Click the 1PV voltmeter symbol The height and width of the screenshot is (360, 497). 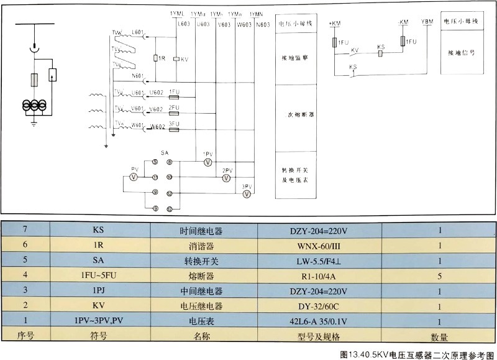coord(208,162)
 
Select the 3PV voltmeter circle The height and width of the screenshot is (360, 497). coord(246,194)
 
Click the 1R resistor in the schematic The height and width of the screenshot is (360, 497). coord(156,58)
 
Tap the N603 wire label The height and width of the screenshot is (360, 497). coord(263,25)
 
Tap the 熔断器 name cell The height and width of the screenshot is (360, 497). coord(191,276)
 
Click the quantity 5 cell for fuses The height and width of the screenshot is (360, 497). coord(439,276)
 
